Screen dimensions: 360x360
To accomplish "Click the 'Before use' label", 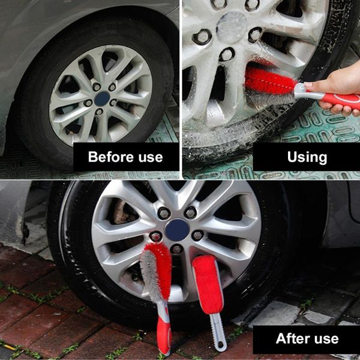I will coord(125,157).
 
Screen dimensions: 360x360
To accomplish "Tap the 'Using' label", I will coord(307,157).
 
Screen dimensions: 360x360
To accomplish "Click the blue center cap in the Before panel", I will coord(102,98).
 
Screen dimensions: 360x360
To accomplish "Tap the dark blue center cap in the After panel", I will coord(177,229).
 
